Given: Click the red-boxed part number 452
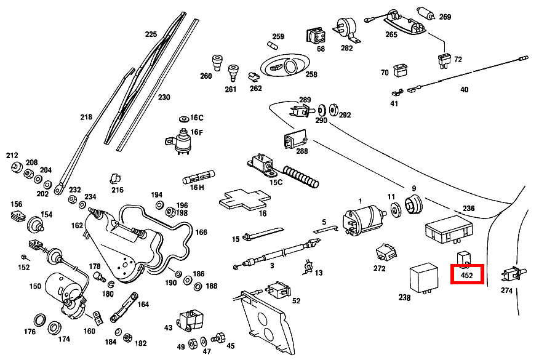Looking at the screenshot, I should click(467, 275).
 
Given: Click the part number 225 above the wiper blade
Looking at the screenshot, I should click(151, 34).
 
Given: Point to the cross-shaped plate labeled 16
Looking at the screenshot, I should click(244, 200).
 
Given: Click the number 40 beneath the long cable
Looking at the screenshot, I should click(464, 90).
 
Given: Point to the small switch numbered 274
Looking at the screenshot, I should click(510, 273).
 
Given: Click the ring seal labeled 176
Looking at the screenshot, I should click(39, 320).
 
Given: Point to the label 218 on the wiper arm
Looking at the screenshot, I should click(86, 117).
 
